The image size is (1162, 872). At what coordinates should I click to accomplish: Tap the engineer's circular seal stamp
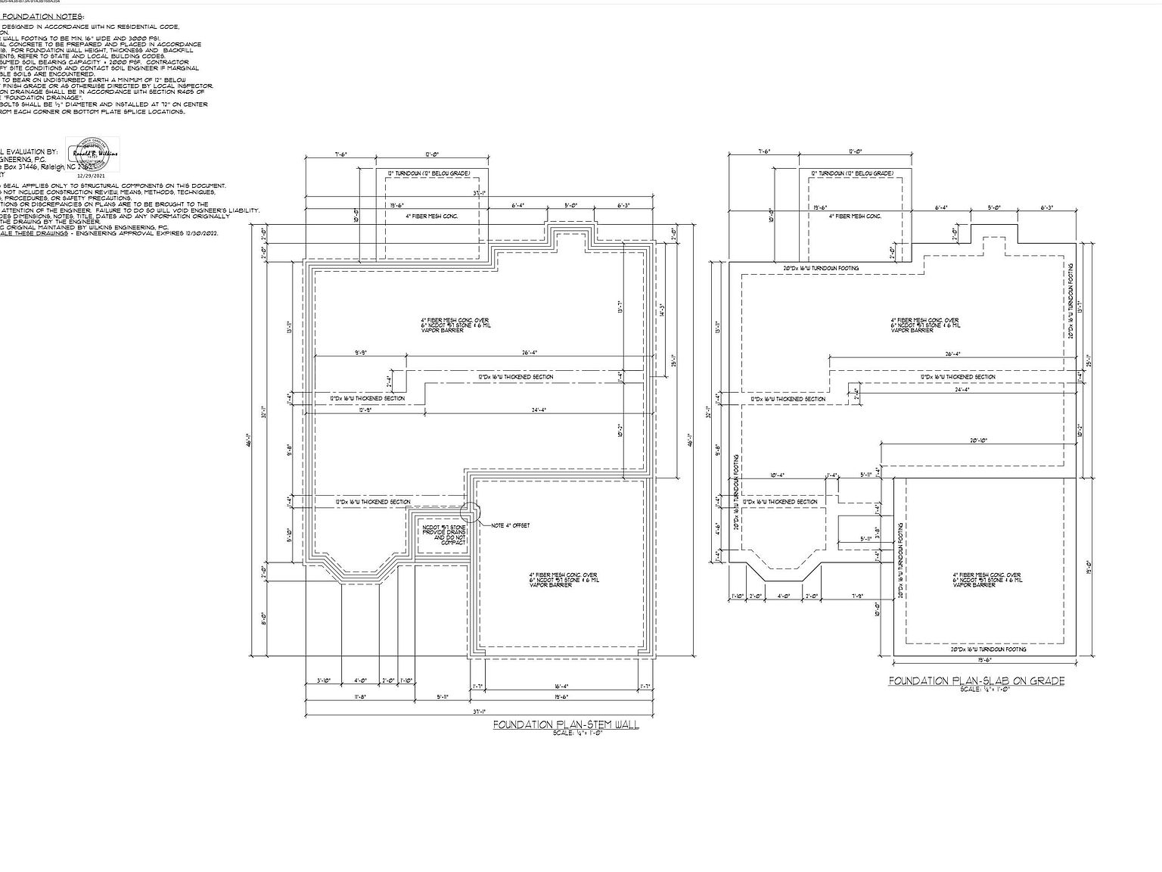[93, 154]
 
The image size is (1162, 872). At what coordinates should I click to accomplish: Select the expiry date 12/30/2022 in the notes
[200, 234]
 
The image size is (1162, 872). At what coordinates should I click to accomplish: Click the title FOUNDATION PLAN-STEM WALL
[566, 724]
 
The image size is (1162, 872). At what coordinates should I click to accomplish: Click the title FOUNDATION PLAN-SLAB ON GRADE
[976, 680]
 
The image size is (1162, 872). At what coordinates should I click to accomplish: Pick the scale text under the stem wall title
[577, 733]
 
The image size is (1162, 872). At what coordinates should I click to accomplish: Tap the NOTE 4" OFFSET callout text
[511, 525]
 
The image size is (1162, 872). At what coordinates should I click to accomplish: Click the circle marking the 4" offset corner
[470, 513]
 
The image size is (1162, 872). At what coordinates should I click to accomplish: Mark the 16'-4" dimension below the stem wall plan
[561, 686]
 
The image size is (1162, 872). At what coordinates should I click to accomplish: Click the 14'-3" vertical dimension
[663, 310]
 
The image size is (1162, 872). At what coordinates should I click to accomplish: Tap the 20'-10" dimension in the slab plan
[978, 440]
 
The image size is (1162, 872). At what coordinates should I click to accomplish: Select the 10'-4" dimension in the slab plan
[777, 475]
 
